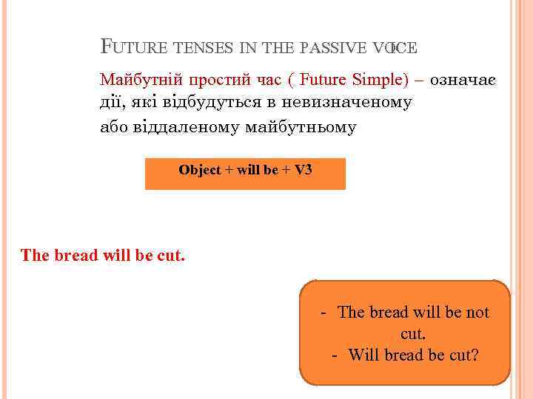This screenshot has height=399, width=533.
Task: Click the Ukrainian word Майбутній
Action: (141, 79)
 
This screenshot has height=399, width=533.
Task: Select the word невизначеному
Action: (352, 102)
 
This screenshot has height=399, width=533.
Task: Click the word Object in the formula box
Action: (200, 170)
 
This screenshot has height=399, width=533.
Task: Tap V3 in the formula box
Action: (303, 170)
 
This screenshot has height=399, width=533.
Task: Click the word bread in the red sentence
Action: (81, 256)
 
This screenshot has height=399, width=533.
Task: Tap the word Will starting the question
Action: (363, 355)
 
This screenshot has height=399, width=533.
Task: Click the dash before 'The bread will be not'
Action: (324, 313)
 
